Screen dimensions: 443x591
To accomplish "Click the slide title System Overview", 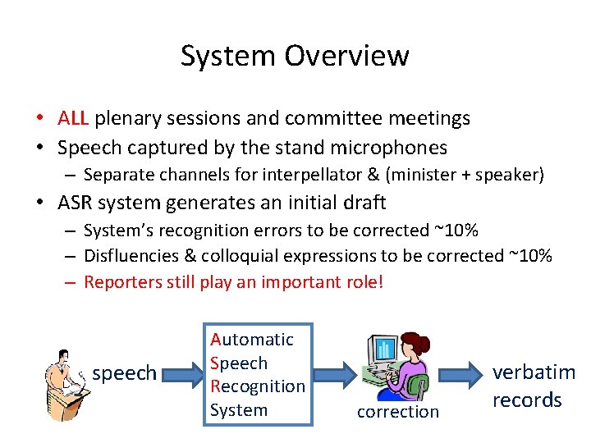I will point(295,56).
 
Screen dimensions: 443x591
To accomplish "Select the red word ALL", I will point(74,118).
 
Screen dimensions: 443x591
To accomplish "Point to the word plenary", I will point(127,119).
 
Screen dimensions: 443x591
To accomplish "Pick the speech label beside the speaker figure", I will point(125,374).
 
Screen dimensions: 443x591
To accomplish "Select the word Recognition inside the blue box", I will point(257,386).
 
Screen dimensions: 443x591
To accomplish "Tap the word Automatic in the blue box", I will point(251,339).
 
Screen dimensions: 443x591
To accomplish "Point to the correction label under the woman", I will point(398,411).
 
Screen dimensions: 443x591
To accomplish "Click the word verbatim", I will point(534,372).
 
